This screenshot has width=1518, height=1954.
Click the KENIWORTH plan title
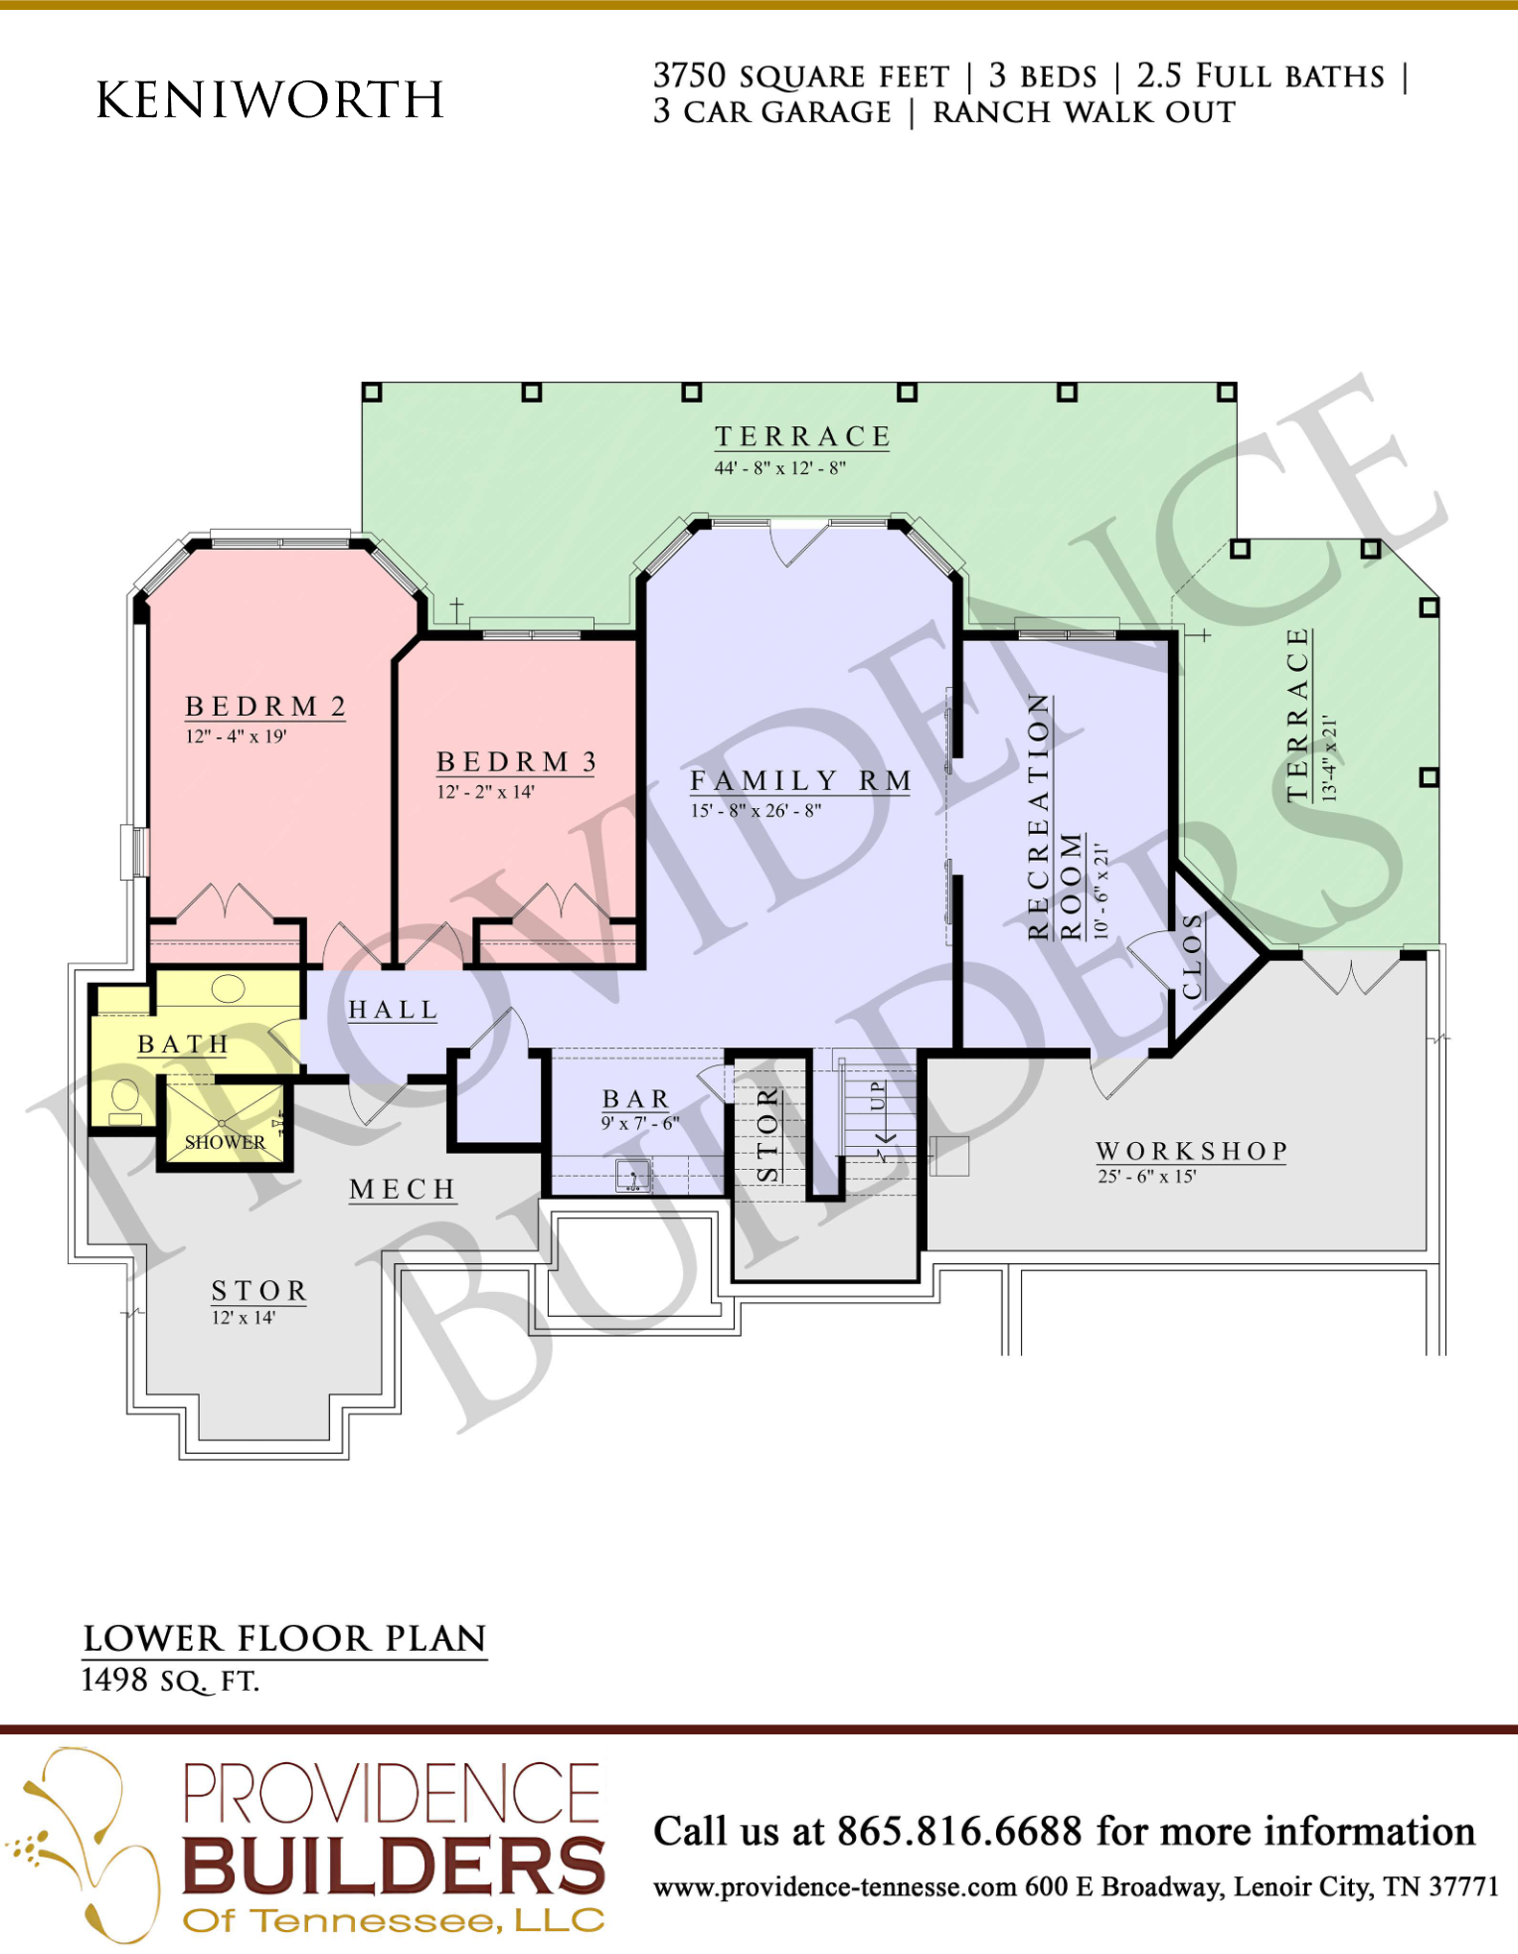[x=269, y=99]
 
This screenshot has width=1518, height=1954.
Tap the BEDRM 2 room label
[x=265, y=707]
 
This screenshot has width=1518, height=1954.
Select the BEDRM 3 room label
[x=517, y=762]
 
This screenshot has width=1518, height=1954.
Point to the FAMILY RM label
[x=801, y=781]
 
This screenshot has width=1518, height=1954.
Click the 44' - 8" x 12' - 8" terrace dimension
[x=780, y=468]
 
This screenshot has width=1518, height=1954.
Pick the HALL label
[x=393, y=1010]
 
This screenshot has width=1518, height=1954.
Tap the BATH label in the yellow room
[x=184, y=1045]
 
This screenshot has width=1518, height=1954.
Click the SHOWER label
[x=225, y=1143]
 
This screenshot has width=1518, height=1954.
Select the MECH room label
[x=403, y=1190]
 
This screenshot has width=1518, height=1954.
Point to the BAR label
[x=636, y=1099]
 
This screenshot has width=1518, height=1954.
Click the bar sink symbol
[x=633, y=1176]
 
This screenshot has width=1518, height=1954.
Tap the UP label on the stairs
[x=877, y=1096]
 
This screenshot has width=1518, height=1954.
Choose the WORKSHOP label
[x=1191, y=1151]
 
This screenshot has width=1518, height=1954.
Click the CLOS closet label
[x=1193, y=957]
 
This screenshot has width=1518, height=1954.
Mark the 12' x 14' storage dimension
[x=244, y=1318]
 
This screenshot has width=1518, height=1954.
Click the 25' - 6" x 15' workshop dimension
[x=1147, y=1177]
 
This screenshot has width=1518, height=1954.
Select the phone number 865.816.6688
[x=959, y=1831]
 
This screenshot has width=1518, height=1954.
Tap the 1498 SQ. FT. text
[x=170, y=1681]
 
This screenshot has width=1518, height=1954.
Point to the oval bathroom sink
[x=228, y=989]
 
